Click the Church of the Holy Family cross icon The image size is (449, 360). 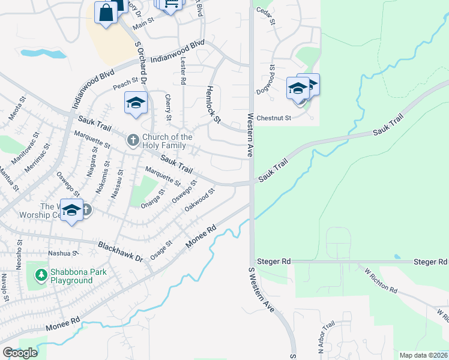click(x=133, y=141)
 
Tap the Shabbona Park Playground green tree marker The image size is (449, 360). click(x=41, y=275)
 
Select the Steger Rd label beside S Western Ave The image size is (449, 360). click(x=273, y=262)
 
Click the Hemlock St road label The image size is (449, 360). click(x=213, y=104)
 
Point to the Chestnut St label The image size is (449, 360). click(x=273, y=118)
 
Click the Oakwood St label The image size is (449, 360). click(x=200, y=200)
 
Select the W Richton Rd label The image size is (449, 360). click(x=381, y=281)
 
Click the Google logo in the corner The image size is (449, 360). click(x=20, y=352)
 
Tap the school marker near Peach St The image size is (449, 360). click(x=136, y=103)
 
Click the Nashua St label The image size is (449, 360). click(x=64, y=254)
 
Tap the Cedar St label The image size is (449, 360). click(x=265, y=16)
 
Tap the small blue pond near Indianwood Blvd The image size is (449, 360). click(x=44, y=53)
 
